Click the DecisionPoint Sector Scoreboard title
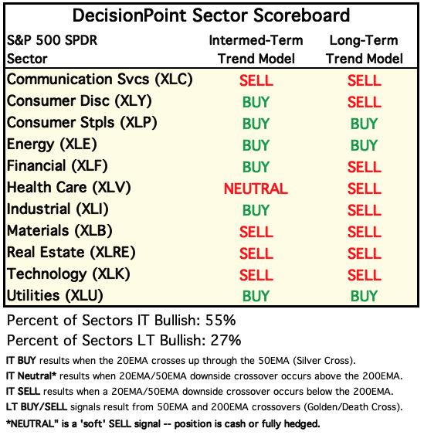pos(211,15)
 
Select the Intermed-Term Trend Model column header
pos(256,49)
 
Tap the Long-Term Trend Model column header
pos(364,49)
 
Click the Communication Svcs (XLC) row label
pos(100,80)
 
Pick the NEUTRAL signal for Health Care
pos(256,189)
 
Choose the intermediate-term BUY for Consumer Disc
pos(256,102)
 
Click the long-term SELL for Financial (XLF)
pos(365,167)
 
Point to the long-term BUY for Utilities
pos(364,296)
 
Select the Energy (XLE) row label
pos(52,144)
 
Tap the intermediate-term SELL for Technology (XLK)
pos(256,275)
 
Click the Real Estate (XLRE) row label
pos(71,253)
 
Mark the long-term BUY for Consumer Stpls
pos(364,124)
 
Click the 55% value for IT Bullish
pos(220,320)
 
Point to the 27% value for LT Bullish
pos(226,340)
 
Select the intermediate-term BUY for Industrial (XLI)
pos(256,210)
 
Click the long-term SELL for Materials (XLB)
pos(365,232)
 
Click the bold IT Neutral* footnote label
pos(31,376)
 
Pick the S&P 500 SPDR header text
pos(53,40)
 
